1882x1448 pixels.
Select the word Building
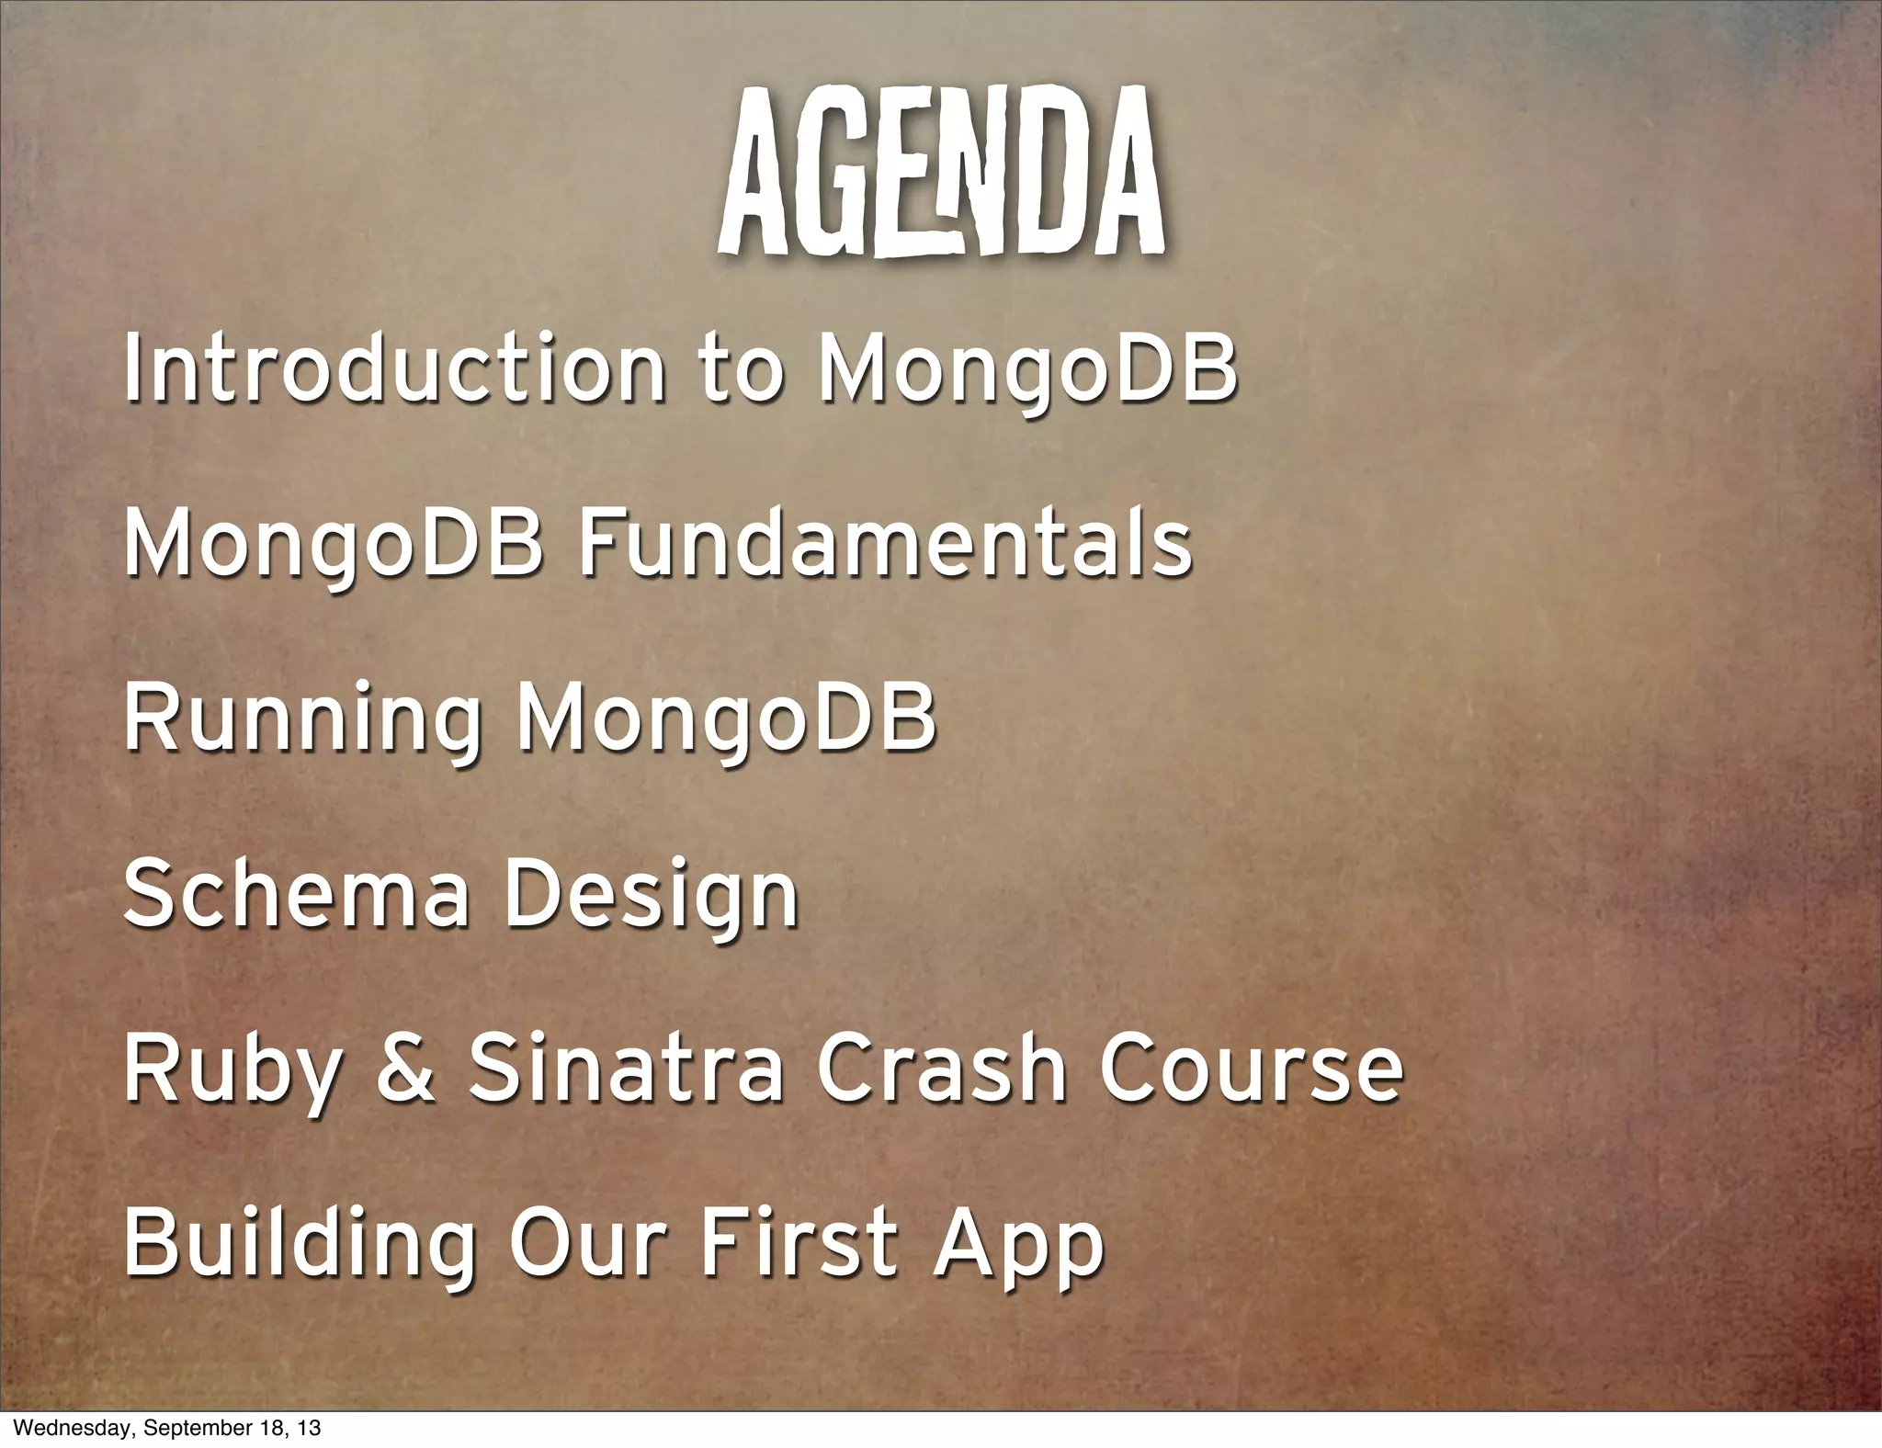[x=300, y=1245]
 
